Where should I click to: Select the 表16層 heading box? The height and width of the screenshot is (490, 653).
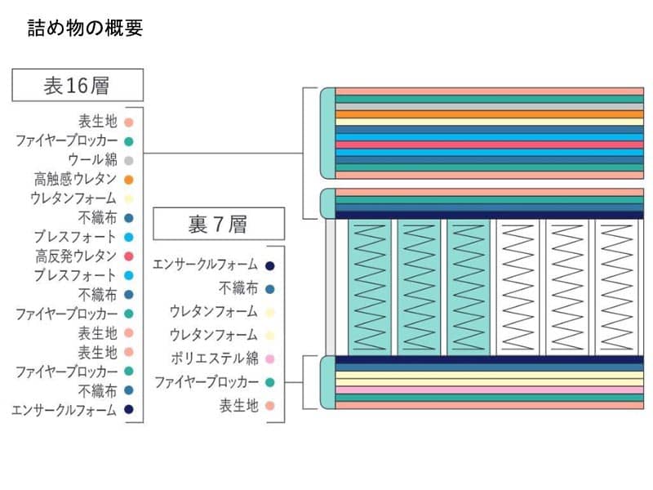pos(78,84)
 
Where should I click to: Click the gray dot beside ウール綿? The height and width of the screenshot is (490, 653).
pos(129,160)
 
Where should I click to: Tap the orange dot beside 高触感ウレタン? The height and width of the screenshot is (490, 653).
pos(129,179)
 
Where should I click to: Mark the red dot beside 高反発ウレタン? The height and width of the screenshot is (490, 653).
pos(129,256)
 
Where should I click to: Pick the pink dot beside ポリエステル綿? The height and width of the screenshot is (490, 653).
pos(269,359)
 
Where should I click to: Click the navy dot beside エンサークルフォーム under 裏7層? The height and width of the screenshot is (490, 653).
pos(269,265)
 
